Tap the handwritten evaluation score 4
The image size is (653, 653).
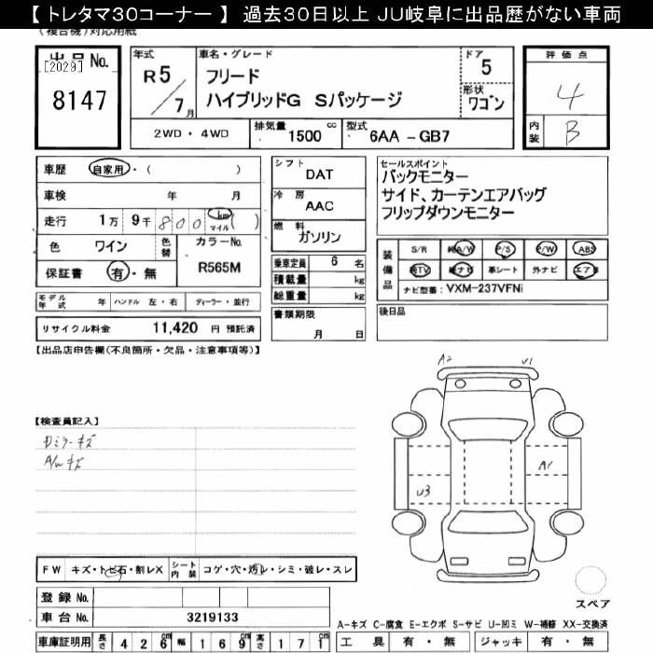(566, 95)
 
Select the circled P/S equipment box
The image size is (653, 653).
(504, 250)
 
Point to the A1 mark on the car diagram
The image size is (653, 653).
(547, 465)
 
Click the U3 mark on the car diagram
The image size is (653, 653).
(423, 491)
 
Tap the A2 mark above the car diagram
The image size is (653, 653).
(447, 358)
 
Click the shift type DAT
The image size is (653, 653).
(319, 174)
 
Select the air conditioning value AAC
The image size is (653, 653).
(319, 206)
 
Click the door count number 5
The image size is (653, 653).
(485, 67)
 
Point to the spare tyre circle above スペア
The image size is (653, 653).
(590, 580)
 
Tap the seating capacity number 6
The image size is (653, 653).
(333, 262)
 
